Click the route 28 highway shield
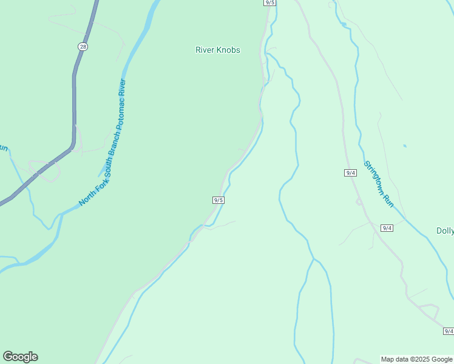click(83, 46)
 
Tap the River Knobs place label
click(218, 50)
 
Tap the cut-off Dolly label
click(445, 231)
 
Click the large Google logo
click(20, 357)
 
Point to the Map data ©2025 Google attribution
click(416, 359)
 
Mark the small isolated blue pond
click(405, 146)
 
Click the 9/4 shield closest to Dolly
click(387, 228)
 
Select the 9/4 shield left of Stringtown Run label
click(350, 173)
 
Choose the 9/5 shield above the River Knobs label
click(270, 2)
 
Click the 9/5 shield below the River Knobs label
click(219, 200)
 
